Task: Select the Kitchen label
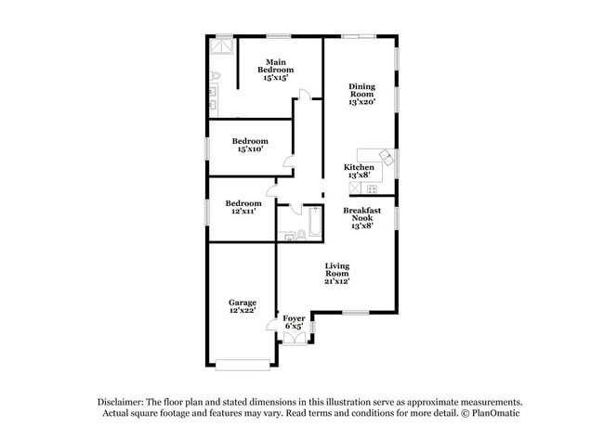tap(359, 171)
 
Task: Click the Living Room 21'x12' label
tap(336, 274)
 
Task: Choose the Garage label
tap(243, 305)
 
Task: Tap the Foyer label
tap(294, 322)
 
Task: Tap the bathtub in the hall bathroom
tap(313, 223)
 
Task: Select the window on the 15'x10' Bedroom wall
tap(207, 146)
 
